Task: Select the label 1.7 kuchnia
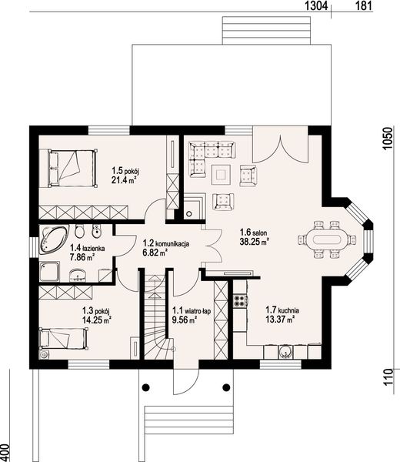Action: point(282,310)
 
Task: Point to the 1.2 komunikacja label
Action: point(166,243)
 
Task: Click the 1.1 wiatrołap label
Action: point(192,310)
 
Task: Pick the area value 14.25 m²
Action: point(97,320)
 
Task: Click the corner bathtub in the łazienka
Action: point(53,239)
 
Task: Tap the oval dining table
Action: point(327,239)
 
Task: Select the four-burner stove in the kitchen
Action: point(240,300)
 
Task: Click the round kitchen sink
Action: point(285,352)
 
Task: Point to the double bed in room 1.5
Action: point(73,168)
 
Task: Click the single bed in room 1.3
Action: point(64,338)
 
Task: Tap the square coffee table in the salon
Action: point(221,175)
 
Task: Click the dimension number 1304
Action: point(316,5)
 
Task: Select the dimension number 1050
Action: point(388,138)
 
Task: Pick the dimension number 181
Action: point(364,5)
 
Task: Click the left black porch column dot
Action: point(145,387)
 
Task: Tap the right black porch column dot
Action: point(226,387)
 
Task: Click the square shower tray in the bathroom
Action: point(49,271)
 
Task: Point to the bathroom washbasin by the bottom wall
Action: point(78,276)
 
